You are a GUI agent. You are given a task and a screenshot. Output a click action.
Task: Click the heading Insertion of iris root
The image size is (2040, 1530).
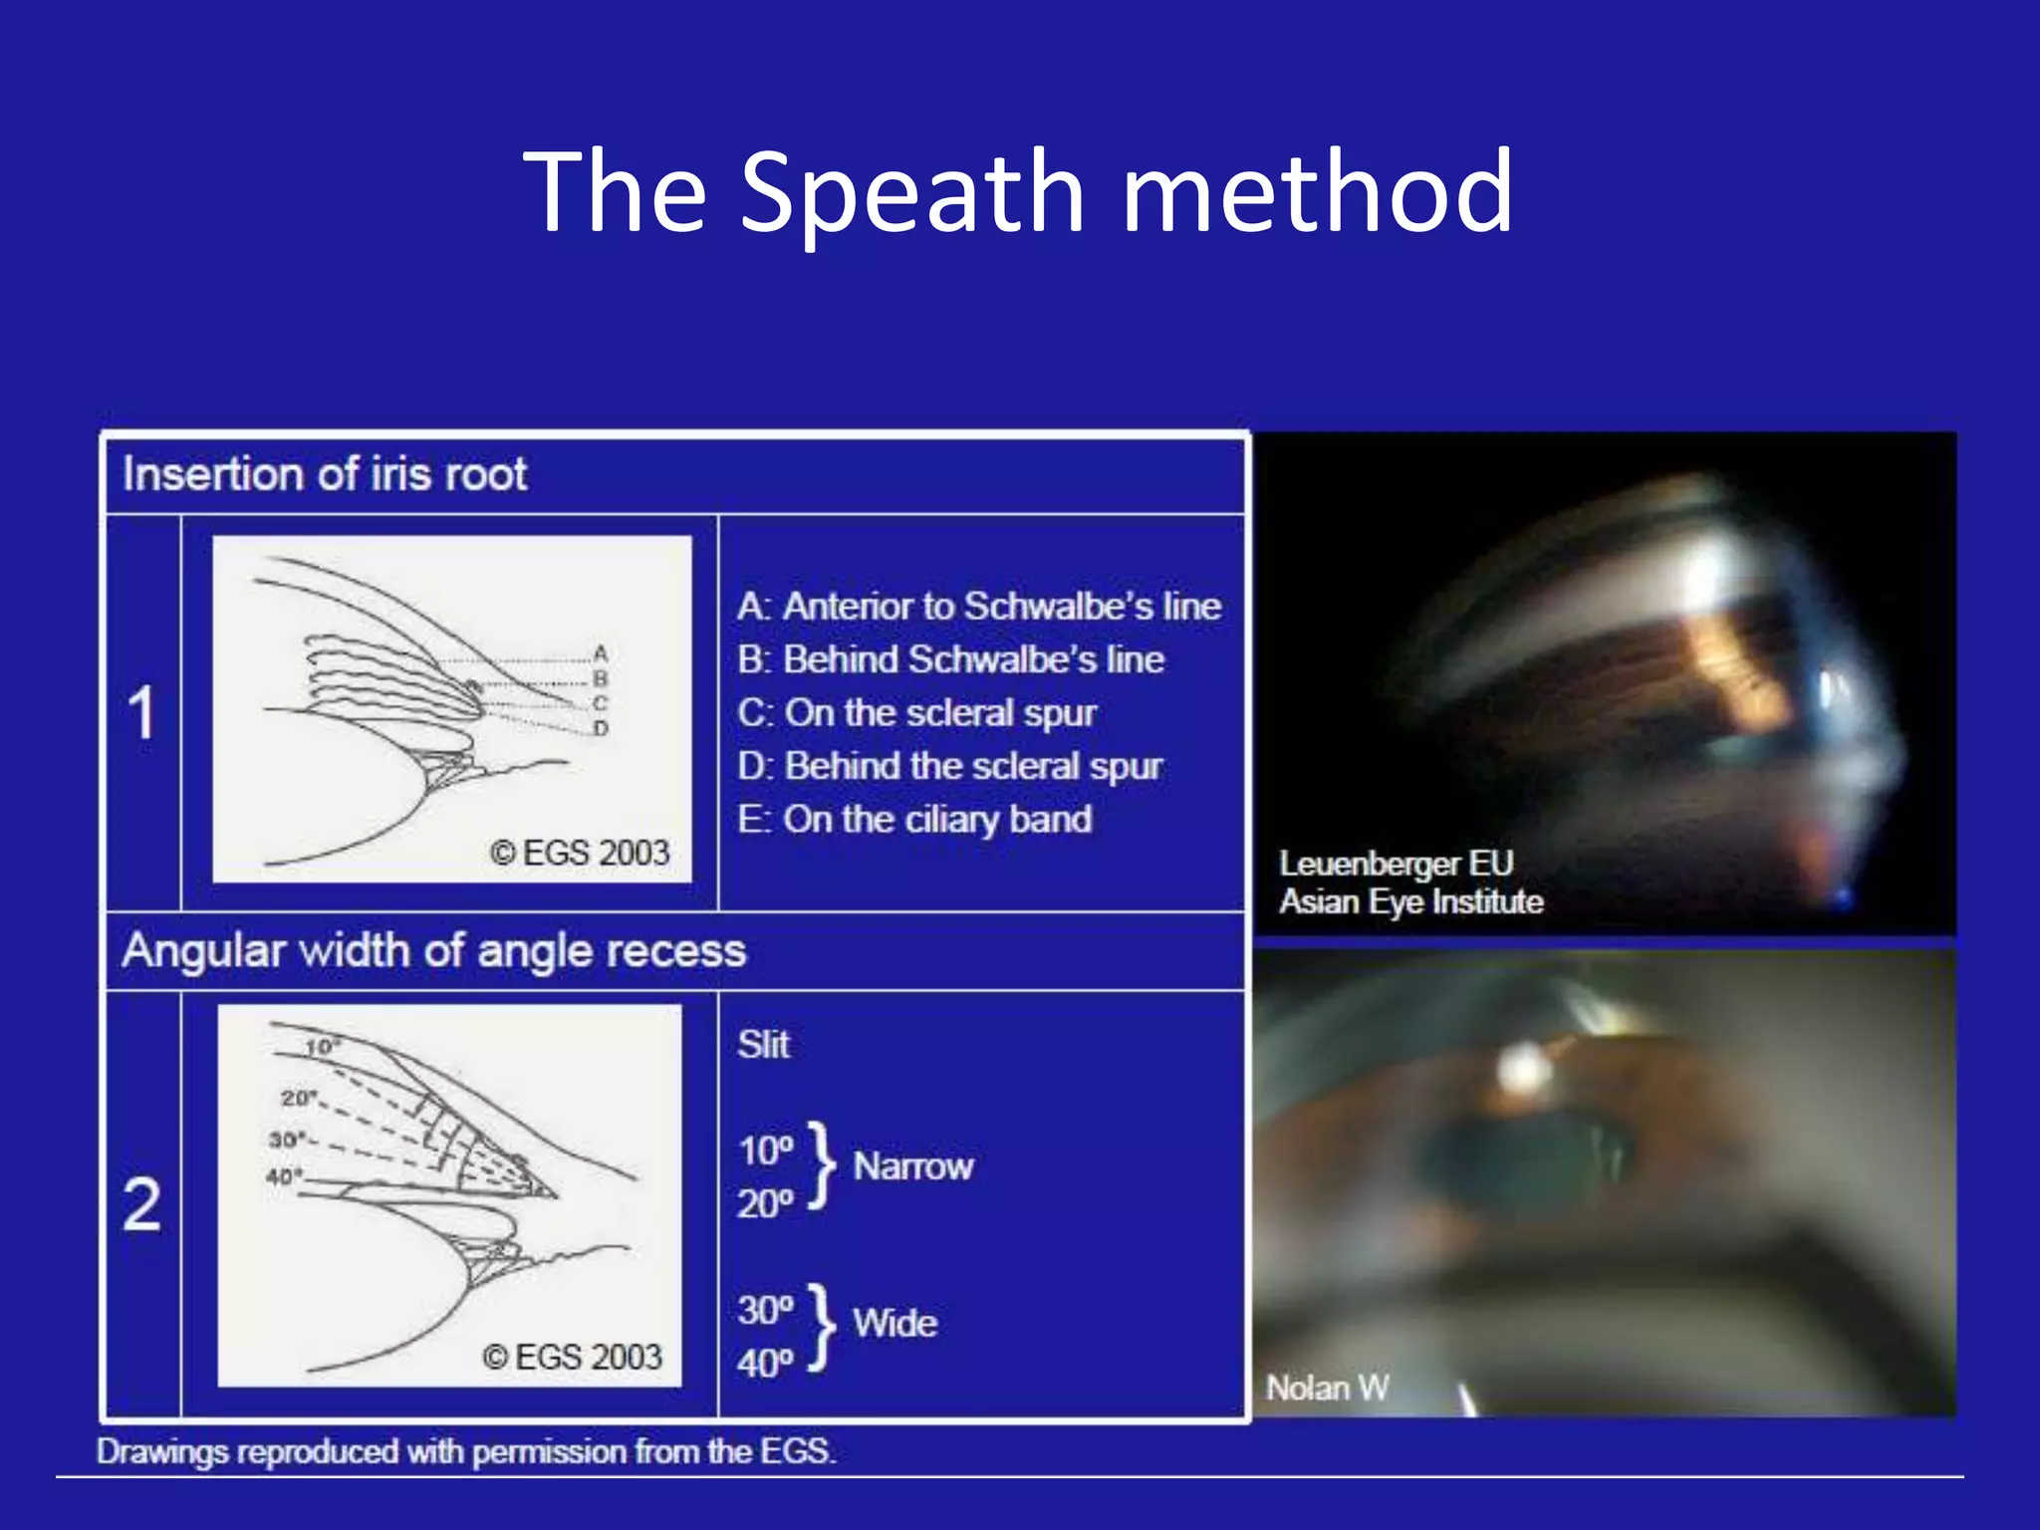click(x=325, y=474)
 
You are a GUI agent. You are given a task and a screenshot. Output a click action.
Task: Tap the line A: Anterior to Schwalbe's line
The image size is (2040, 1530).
click(x=979, y=607)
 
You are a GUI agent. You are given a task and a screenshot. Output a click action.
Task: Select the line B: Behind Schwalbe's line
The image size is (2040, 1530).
click(x=950, y=659)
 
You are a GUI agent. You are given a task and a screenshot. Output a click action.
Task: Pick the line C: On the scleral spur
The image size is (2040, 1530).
click(x=916, y=713)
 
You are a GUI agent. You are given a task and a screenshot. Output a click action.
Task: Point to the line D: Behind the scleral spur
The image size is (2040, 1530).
click(x=949, y=766)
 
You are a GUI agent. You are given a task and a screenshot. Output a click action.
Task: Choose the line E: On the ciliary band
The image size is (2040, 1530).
click(x=914, y=820)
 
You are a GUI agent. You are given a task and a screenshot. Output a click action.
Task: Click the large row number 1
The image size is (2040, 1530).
click(x=141, y=713)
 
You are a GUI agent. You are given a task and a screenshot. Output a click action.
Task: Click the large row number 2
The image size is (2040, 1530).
click(x=141, y=1204)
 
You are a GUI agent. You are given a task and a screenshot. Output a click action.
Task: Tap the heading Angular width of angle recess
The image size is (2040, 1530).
click(x=433, y=951)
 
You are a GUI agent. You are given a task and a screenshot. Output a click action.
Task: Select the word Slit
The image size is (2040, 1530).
click(x=763, y=1045)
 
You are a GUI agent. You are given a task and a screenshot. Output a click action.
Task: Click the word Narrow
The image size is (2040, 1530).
click(x=912, y=1166)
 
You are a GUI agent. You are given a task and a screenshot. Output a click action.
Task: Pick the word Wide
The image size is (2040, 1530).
click(x=894, y=1324)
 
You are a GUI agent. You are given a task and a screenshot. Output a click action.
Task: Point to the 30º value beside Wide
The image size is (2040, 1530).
click(x=765, y=1310)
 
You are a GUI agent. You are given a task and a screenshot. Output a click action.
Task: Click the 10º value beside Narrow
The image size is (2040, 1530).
click(x=765, y=1151)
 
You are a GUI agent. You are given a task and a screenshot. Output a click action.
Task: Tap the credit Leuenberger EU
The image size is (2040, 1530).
click(x=1396, y=864)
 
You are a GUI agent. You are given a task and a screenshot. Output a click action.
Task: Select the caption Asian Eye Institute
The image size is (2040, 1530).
click(x=1410, y=901)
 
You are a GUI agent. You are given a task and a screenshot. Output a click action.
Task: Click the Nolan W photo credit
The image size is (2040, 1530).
click(x=1327, y=1388)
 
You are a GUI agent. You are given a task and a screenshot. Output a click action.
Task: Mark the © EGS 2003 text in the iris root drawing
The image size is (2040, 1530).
click(x=580, y=853)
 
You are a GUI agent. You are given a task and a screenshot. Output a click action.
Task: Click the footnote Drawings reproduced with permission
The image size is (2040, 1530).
click(x=465, y=1451)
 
